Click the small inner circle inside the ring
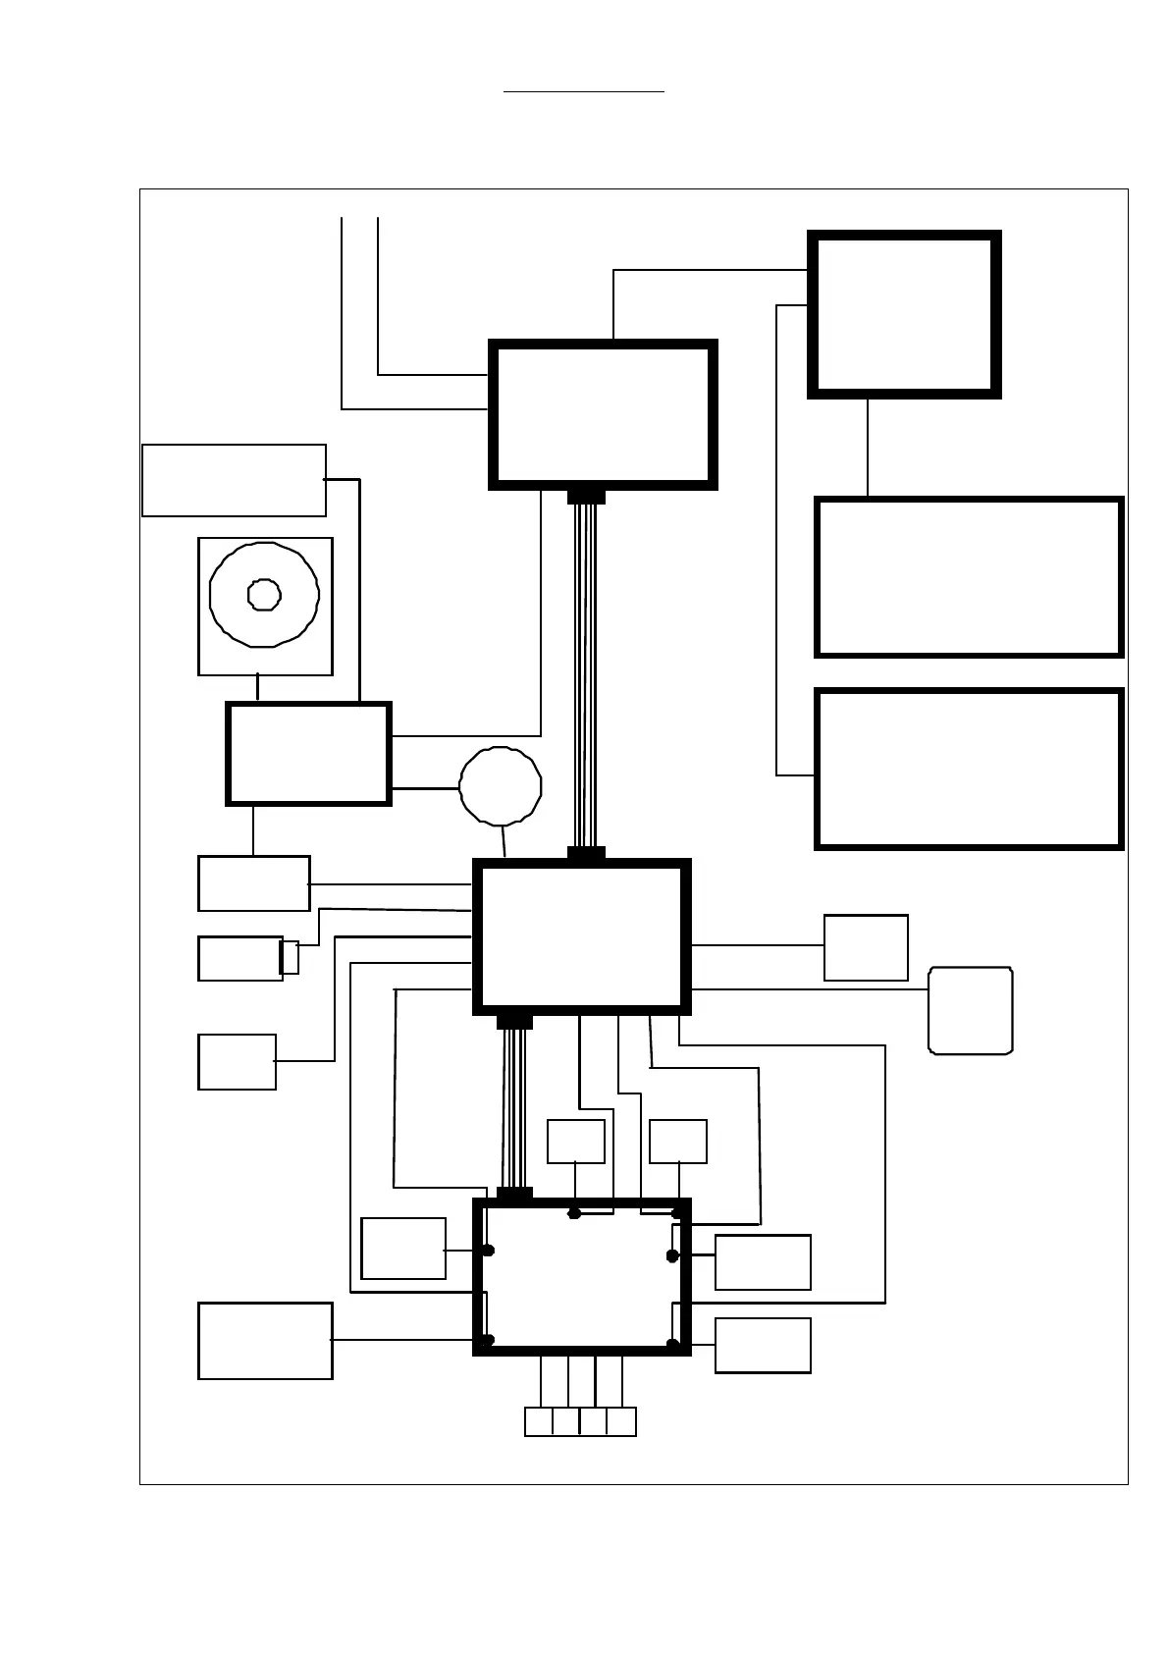(264, 594)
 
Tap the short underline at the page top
(584, 91)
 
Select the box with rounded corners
(971, 1011)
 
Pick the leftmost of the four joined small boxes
(539, 1421)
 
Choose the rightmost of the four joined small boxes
(621, 1421)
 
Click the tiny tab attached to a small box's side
(290, 957)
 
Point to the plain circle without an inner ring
(501, 786)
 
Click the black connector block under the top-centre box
(586, 497)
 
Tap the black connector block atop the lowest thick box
(514, 1194)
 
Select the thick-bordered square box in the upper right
(904, 314)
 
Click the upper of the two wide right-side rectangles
(969, 577)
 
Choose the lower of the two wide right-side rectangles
(969, 769)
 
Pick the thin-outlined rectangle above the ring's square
(234, 480)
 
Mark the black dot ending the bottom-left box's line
(488, 1340)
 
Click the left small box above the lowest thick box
(575, 1142)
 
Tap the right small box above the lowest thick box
(678, 1142)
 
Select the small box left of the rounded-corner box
(866, 947)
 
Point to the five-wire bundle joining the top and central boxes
(585, 677)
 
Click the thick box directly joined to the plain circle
(309, 754)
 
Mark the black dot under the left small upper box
(575, 1213)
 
